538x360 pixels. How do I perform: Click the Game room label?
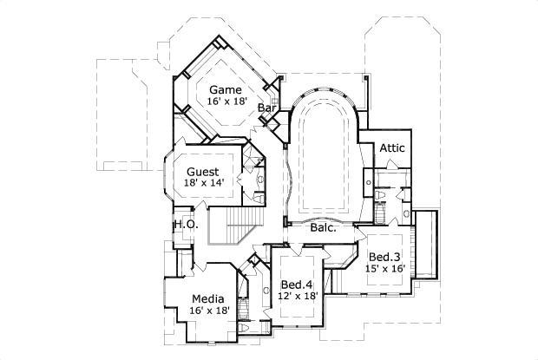(224, 89)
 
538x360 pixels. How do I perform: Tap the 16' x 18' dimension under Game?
(227, 102)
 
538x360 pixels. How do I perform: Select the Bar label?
(267, 108)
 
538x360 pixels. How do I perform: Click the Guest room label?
(202, 171)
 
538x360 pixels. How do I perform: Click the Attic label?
(392, 148)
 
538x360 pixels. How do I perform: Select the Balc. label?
(325, 228)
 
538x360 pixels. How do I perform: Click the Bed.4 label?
(297, 285)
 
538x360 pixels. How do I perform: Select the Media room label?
(208, 298)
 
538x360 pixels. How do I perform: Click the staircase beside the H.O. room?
(234, 229)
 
